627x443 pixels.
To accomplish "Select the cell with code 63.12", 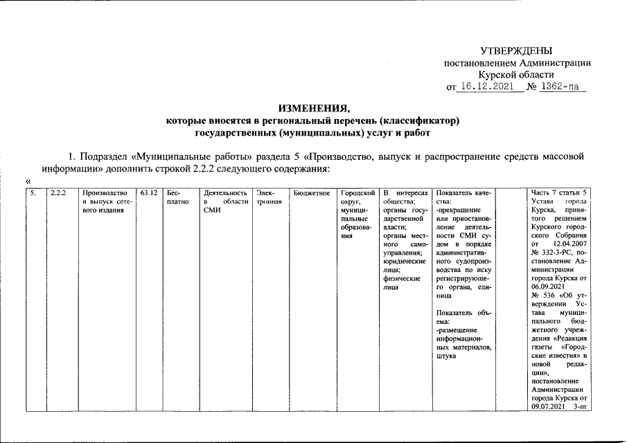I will tap(148, 192).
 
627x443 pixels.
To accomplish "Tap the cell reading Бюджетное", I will tap(311, 192).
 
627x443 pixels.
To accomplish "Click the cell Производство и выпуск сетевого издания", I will tap(104, 201).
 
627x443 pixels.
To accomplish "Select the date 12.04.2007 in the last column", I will tap(570, 244).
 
